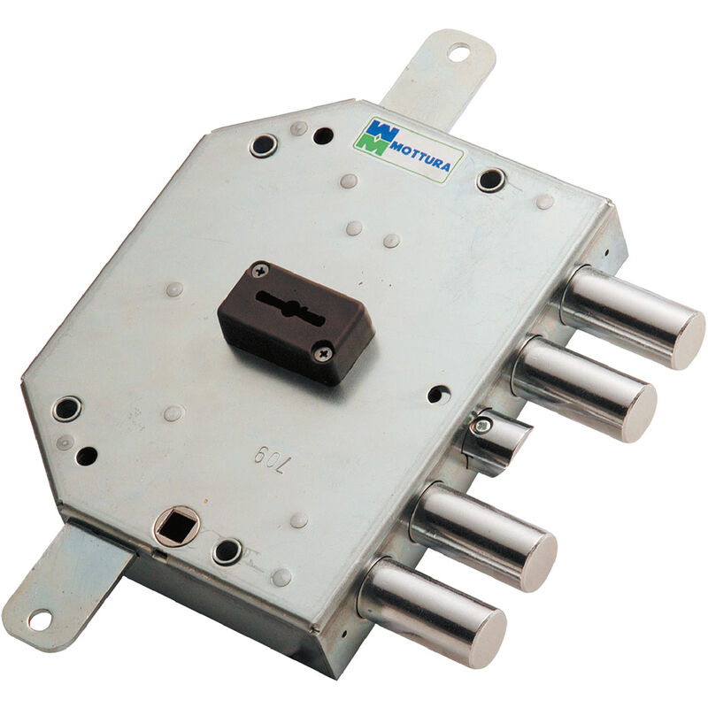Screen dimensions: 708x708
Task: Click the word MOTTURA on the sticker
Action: [x=424, y=151]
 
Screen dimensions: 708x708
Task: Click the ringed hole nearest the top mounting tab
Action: [x=262, y=145]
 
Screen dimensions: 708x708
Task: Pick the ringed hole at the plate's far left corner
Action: [x=65, y=409]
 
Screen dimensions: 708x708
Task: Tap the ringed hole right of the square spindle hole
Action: [x=227, y=550]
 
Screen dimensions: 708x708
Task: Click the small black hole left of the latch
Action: [x=435, y=396]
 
